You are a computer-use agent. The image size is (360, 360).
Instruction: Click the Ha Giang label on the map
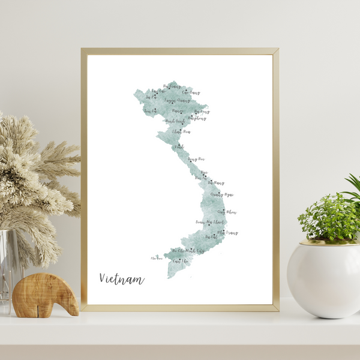172,87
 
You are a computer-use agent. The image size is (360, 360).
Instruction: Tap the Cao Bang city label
191,93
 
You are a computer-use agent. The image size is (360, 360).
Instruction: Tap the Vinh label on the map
179,146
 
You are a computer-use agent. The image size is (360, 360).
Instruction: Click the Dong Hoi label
196,160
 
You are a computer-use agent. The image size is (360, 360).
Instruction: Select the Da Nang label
216,182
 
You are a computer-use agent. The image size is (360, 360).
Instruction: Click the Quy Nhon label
227,212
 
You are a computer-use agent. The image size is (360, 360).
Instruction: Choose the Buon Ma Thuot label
210,222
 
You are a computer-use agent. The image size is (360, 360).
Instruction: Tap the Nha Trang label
227,233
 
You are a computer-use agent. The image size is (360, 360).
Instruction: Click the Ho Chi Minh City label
188,250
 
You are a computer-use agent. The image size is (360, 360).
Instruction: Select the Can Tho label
178,261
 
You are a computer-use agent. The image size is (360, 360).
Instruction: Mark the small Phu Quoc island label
157,259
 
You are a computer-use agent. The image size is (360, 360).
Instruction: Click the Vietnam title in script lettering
122,279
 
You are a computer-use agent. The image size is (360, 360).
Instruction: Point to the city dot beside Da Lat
206,236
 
